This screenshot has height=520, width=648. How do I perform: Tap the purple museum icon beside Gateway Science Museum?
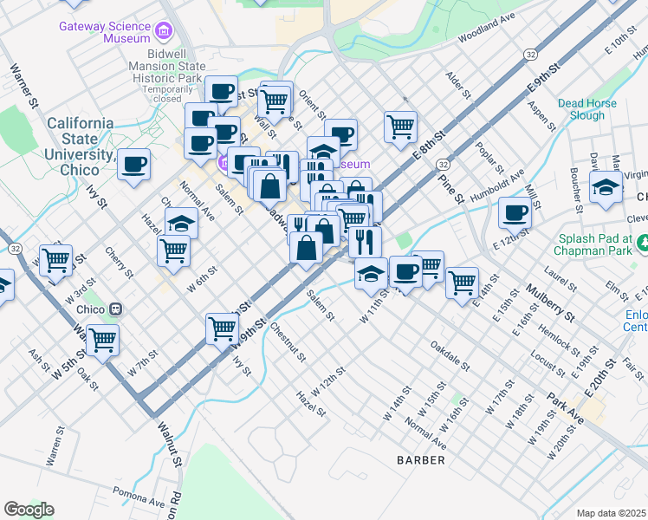(163, 33)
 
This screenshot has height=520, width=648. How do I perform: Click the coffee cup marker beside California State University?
(134, 163)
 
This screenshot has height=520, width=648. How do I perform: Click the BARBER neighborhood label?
(421, 459)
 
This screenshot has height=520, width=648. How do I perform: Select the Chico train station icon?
(114, 309)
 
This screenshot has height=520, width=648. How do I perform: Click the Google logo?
(29, 510)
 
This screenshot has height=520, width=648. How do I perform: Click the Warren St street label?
(55, 446)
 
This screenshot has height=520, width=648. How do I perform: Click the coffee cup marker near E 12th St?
(515, 211)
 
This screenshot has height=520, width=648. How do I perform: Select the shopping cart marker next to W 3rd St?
(56, 257)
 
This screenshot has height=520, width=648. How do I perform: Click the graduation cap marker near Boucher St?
(605, 186)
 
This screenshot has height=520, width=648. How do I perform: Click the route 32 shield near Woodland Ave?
(529, 55)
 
